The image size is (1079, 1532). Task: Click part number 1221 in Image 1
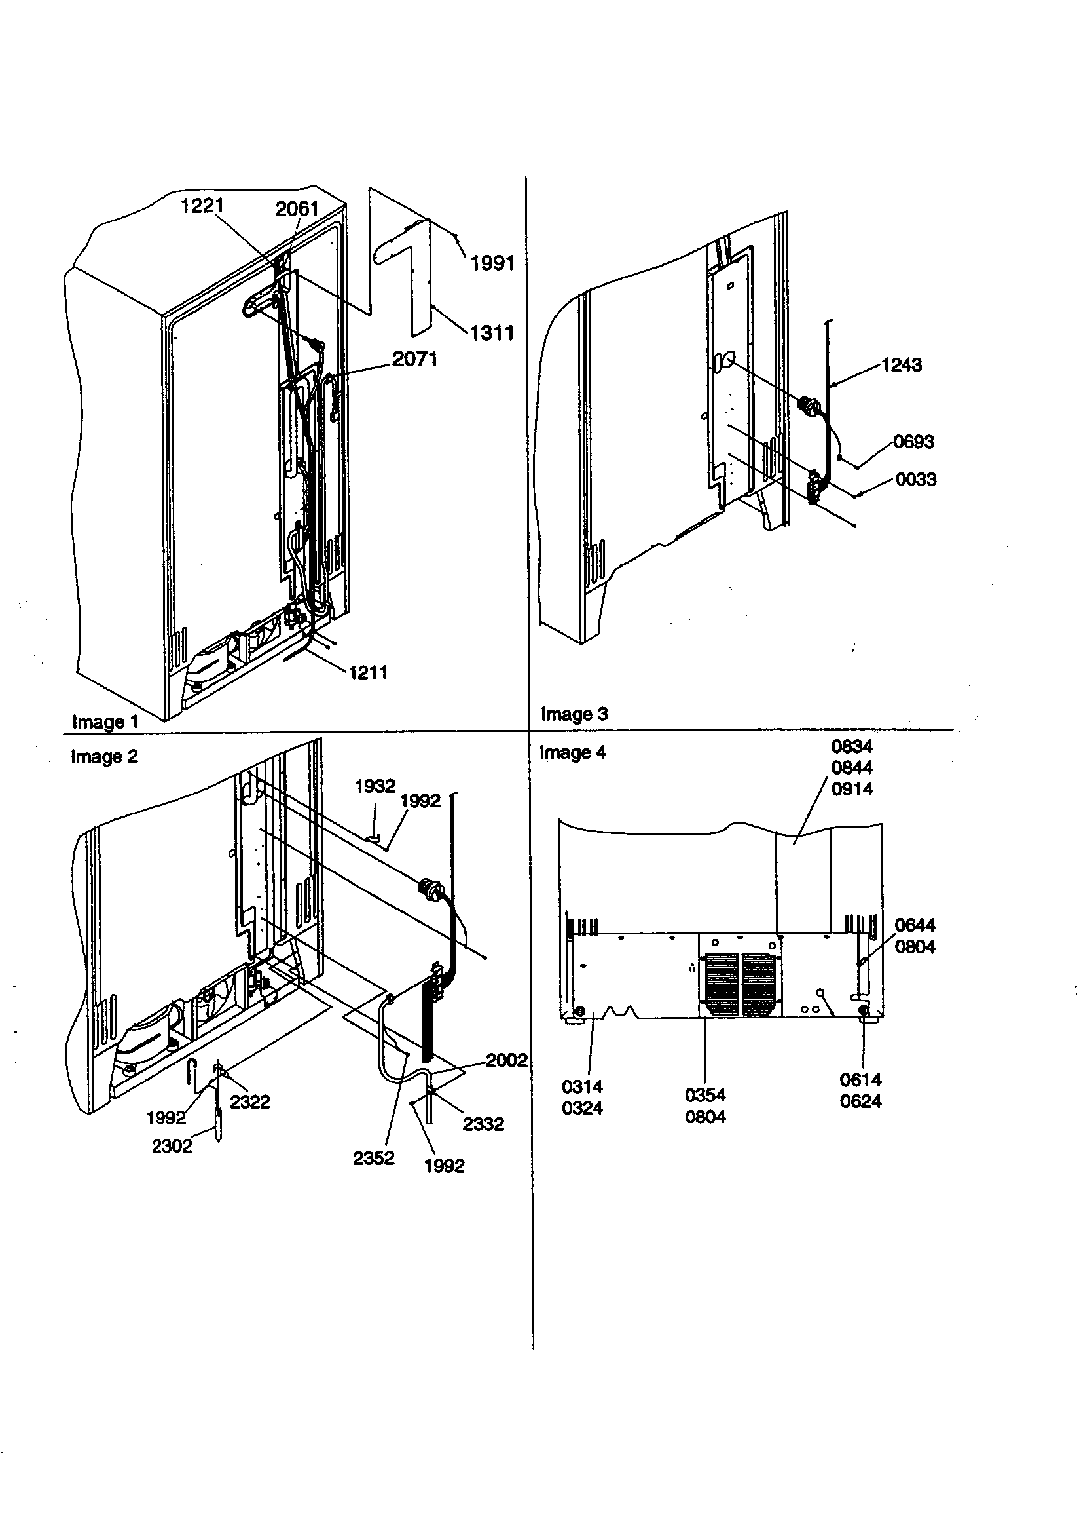202,206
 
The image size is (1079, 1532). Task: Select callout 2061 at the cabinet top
297,209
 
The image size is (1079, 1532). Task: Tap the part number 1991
492,263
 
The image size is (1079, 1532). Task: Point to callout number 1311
492,332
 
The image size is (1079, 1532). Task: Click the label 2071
414,359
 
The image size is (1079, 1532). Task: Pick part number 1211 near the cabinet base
367,672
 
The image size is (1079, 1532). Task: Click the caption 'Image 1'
105,722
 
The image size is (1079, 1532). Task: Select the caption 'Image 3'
574,714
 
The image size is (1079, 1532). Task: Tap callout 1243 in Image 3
901,365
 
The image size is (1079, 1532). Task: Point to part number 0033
915,479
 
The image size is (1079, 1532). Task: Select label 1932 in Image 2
375,786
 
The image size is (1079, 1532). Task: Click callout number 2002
506,1060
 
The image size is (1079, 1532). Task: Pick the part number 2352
373,1158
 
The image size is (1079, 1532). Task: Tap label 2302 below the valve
172,1145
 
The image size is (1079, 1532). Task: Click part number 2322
249,1101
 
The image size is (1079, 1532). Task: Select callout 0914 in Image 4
852,789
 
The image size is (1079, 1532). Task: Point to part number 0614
860,1080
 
